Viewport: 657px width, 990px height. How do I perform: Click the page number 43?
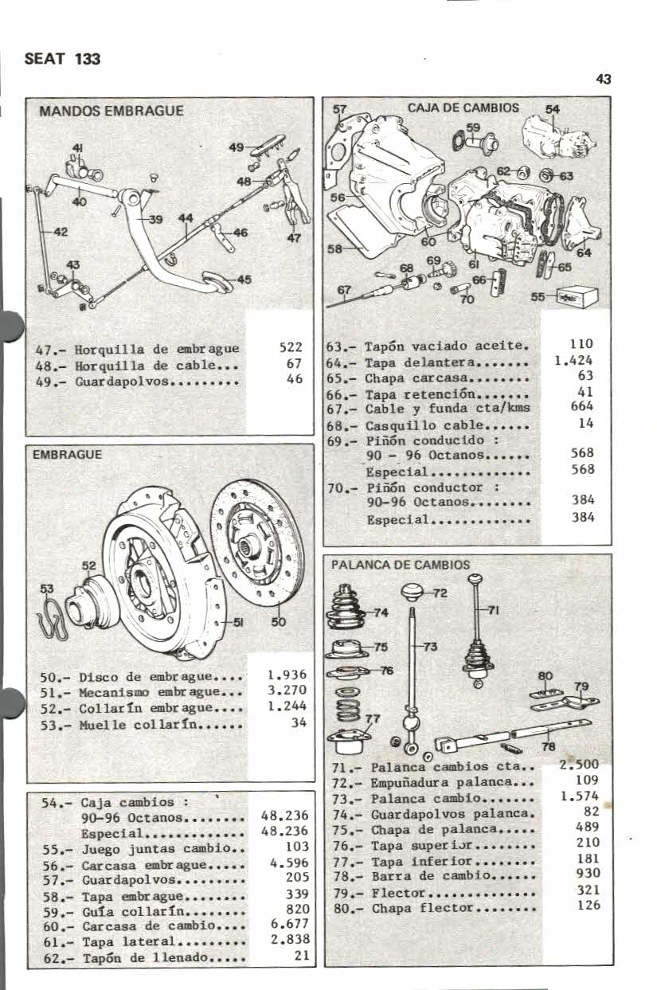pyautogui.click(x=603, y=79)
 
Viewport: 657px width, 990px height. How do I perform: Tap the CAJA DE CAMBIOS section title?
pyautogui.click(x=463, y=108)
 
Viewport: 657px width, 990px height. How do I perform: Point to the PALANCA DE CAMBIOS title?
pyautogui.click(x=401, y=565)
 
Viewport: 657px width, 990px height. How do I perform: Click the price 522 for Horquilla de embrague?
pyautogui.click(x=291, y=348)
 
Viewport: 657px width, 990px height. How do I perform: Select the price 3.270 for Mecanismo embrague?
pyautogui.click(x=287, y=691)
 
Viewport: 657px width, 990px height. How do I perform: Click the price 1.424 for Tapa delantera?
pyautogui.click(x=574, y=360)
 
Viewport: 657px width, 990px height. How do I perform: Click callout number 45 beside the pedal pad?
pyautogui.click(x=244, y=279)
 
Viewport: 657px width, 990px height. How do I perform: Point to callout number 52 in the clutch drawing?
pyautogui.click(x=89, y=565)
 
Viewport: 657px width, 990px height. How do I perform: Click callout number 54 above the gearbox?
pyautogui.click(x=553, y=110)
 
